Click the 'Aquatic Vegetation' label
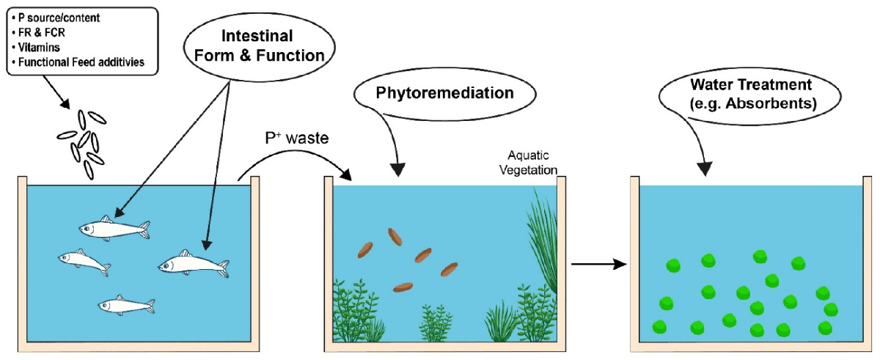coord(533,162)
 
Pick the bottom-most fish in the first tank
coord(125,305)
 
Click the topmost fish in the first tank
coord(114,229)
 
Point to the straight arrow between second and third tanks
coord(598,263)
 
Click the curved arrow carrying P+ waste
coord(293,163)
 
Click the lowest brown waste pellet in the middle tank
coord(403,287)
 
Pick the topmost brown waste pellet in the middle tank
coord(395,236)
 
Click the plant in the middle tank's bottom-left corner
coord(353,312)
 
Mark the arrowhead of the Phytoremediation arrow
coord(397,171)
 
